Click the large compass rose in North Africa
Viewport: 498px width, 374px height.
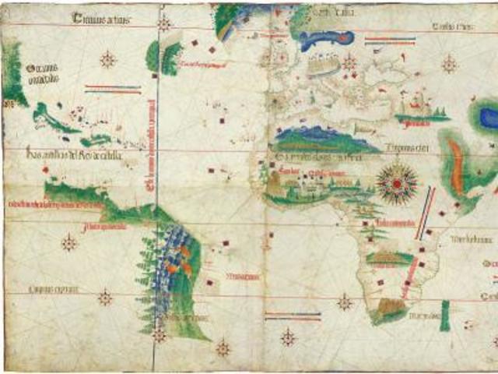point(397,182)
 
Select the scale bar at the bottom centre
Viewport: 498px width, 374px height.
point(293,316)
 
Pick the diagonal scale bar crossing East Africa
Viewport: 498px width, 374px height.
point(424,213)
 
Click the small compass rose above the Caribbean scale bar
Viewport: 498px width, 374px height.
point(108,59)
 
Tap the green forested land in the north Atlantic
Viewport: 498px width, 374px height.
point(163,56)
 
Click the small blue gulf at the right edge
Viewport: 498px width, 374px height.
point(489,118)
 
